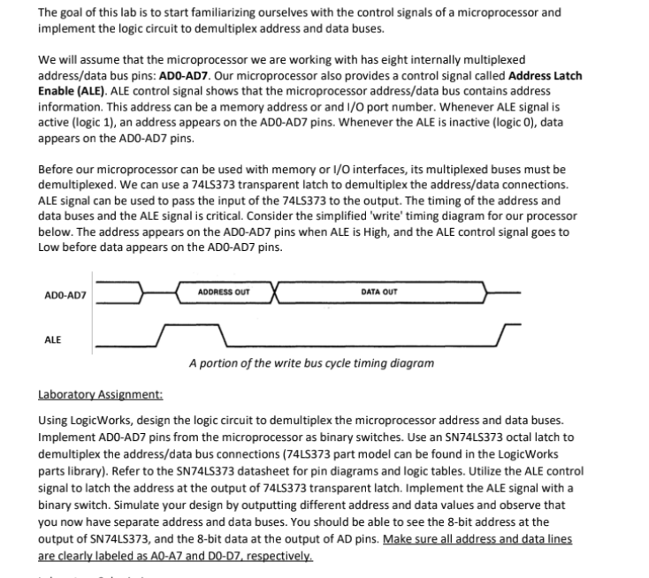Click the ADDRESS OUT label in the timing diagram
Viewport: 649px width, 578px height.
click(224, 291)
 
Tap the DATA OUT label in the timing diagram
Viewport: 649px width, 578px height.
click(380, 291)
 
